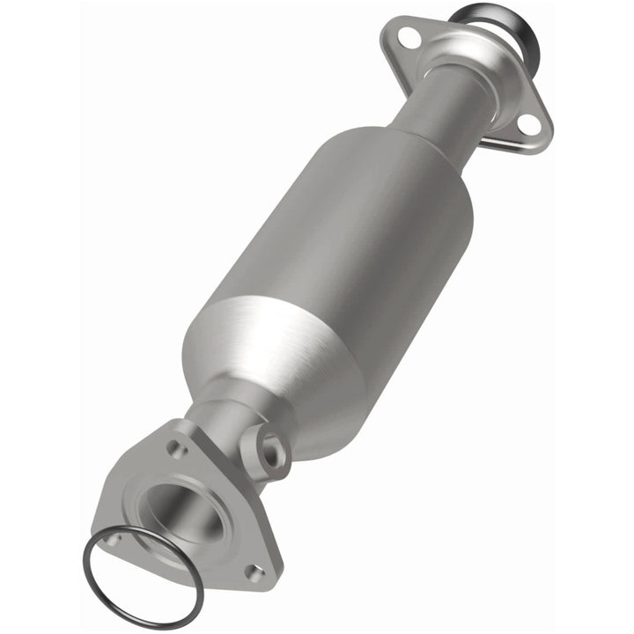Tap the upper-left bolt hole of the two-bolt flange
(x=406, y=37)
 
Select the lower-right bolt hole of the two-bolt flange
(x=528, y=126)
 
